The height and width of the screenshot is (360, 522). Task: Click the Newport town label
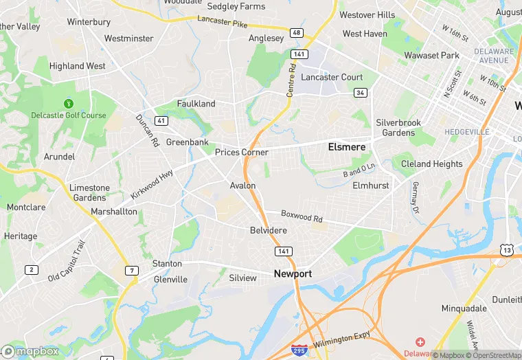point(293,273)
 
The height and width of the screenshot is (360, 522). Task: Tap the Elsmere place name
point(346,147)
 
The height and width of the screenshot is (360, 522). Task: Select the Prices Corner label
point(241,152)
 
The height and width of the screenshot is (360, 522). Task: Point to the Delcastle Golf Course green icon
point(68,104)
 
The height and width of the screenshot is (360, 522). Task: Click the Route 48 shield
point(296,33)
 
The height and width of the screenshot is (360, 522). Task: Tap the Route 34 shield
point(359,93)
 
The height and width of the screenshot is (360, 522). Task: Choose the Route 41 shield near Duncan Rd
point(161,120)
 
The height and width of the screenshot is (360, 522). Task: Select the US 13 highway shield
point(506,251)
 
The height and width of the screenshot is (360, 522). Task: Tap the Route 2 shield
point(32,269)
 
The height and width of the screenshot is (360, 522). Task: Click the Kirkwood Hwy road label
point(152,184)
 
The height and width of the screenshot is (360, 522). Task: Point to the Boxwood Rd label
point(302,216)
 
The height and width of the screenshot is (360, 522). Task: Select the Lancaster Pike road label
point(222,23)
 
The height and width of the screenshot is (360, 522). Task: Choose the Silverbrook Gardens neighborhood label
point(398,127)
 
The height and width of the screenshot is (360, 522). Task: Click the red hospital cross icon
point(420,342)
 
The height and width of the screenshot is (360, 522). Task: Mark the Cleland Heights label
point(432,164)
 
